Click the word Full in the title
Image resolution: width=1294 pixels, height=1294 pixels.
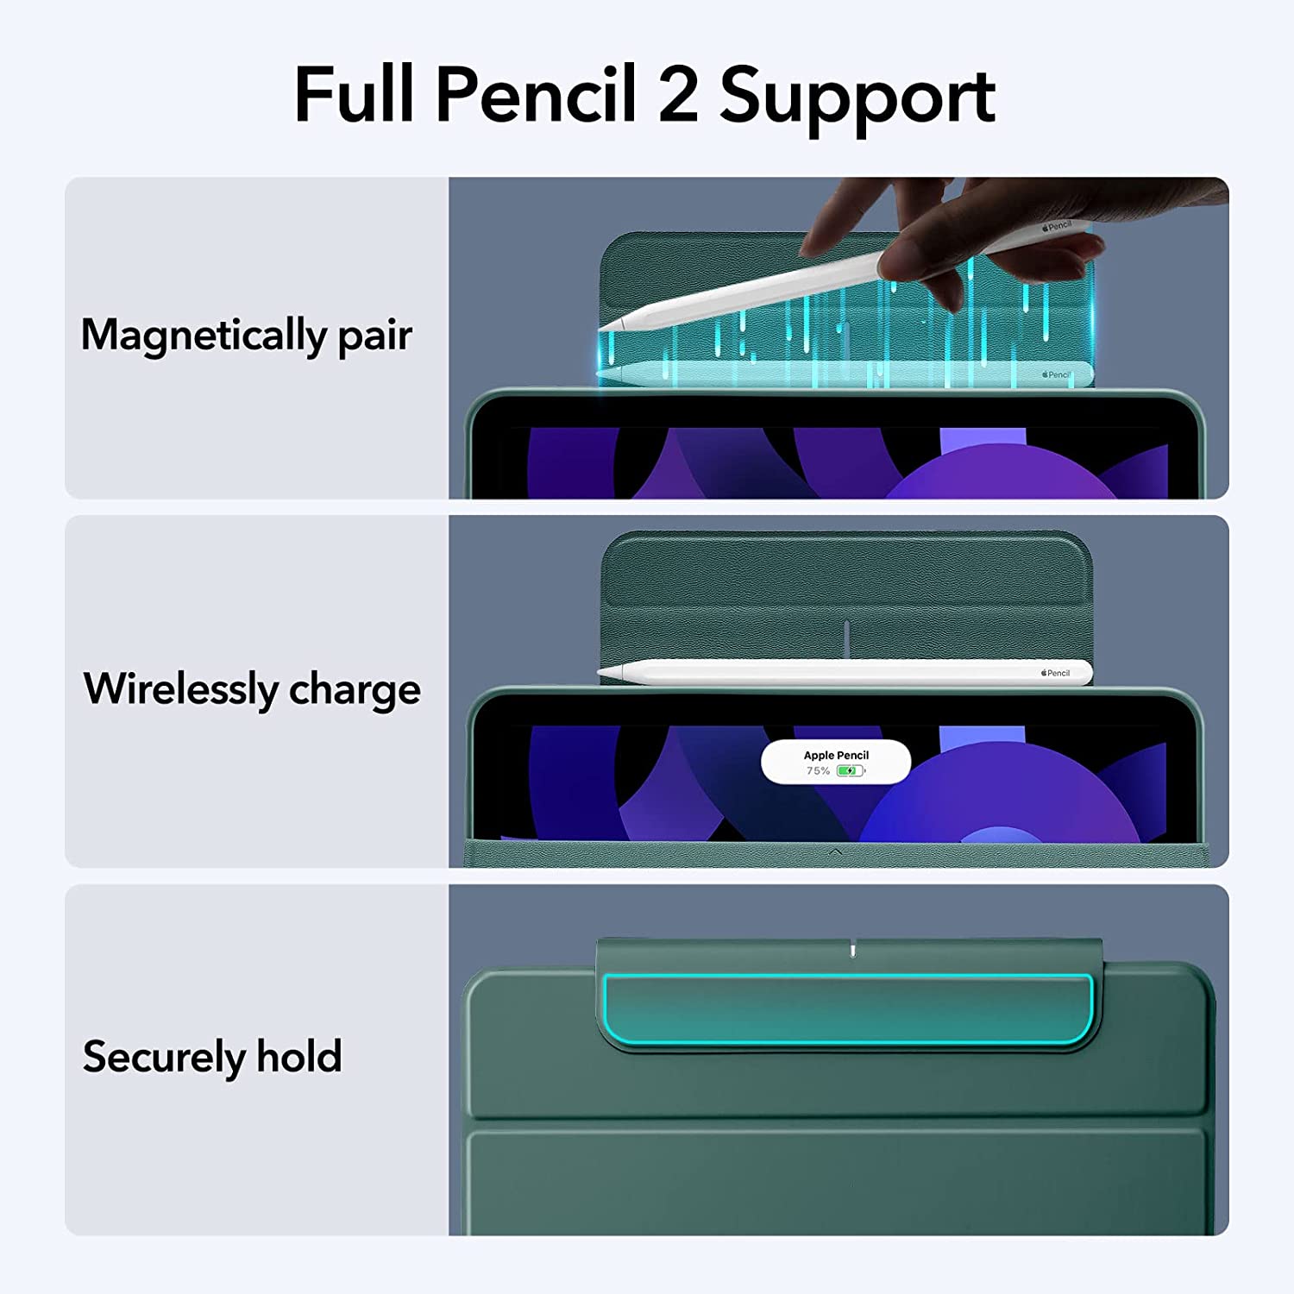(x=355, y=95)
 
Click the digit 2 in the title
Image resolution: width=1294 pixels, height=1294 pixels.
(x=678, y=95)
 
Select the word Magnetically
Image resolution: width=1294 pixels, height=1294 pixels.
(x=204, y=336)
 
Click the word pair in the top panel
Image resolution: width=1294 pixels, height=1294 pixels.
(x=374, y=337)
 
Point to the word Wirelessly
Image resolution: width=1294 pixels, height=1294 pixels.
(x=181, y=689)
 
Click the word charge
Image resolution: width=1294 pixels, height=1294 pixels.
(x=355, y=692)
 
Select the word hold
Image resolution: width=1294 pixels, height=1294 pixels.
(x=298, y=1057)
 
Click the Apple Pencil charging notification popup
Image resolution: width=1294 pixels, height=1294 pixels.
(x=835, y=762)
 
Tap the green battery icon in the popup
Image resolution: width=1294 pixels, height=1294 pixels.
(x=850, y=770)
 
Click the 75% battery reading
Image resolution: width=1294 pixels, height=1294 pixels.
(x=818, y=770)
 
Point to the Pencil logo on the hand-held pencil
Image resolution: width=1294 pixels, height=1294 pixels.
(x=1056, y=227)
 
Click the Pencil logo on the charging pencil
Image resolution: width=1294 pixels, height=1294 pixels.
(x=1055, y=673)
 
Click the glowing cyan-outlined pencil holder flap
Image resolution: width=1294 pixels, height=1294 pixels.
(x=848, y=1009)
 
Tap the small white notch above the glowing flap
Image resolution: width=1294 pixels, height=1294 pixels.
(x=852, y=950)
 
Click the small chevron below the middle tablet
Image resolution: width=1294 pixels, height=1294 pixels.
(x=835, y=852)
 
